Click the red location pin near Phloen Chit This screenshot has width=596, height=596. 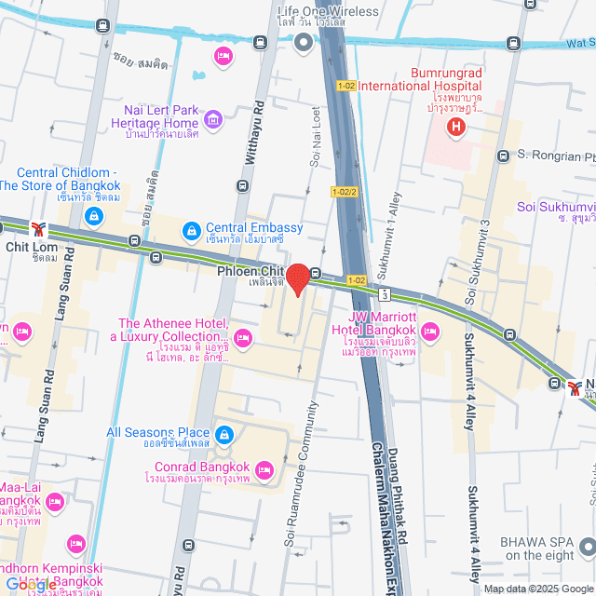click(297, 279)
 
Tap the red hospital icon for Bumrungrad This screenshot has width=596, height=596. click(456, 128)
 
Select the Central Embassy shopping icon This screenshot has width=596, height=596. click(191, 229)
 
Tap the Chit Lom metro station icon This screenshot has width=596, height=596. click(38, 228)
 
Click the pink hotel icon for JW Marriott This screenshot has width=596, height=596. click(429, 331)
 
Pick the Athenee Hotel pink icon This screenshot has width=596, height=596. click(243, 337)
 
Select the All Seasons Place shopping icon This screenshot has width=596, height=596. click(224, 434)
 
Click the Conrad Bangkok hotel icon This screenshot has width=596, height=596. click(264, 468)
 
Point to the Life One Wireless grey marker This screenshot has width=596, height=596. click(303, 42)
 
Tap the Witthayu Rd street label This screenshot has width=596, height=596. click(249, 136)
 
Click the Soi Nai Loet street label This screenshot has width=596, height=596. click(315, 137)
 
